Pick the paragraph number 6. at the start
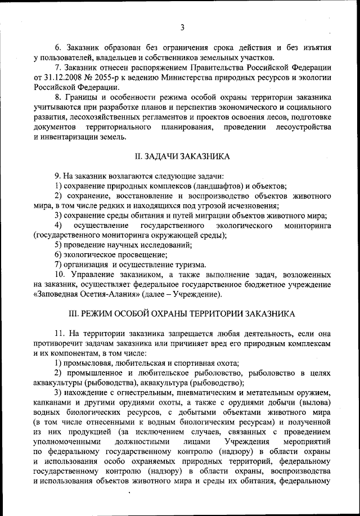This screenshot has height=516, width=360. [57, 47]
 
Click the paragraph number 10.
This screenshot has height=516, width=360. [60, 275]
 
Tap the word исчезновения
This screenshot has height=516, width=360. [250, 205]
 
